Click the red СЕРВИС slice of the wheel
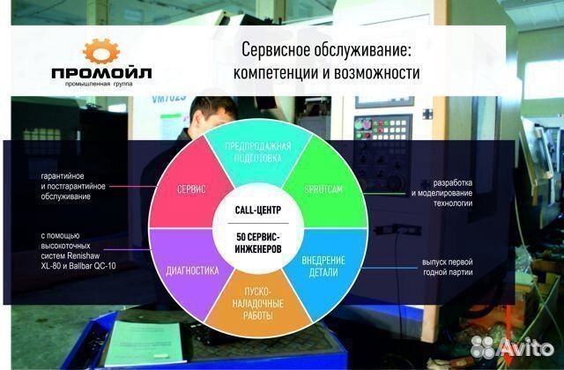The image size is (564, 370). pyautogui.click(x=190, y=190)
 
